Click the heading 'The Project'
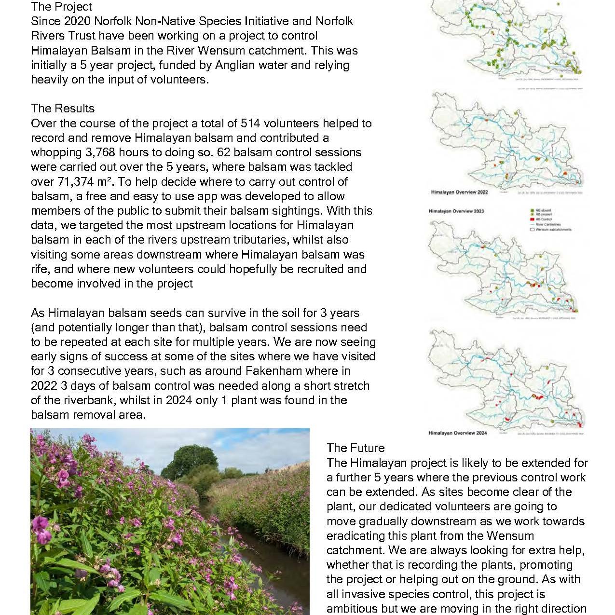[x=61, y=7]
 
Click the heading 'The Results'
[x=63, y=109]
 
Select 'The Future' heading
[x=355, y=448]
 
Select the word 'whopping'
[x=54, y=152]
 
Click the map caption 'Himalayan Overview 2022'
[x=459, y=192]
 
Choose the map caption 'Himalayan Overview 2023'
[x=456, y=211]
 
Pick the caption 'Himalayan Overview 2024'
[x=457, y=433]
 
